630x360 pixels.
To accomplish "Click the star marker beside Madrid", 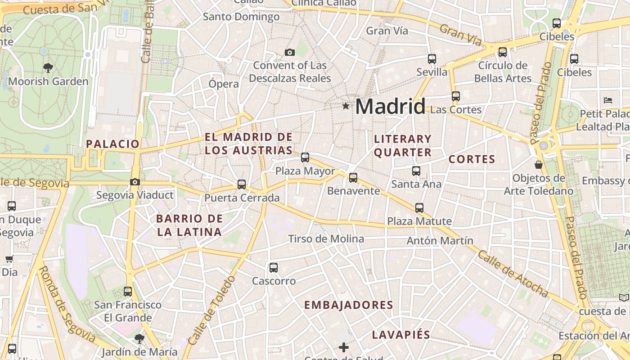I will [346, 106].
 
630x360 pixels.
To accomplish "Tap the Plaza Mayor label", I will [305, 171].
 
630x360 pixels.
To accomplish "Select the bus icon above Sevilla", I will [432, 58].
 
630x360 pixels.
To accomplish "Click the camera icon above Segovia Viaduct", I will [135, 182].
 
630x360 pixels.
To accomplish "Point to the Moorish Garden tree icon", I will [48, 68].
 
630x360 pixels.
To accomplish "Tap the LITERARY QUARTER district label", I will [403, 145].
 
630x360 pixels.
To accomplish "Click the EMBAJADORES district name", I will [349, 305].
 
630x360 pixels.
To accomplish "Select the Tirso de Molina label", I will [326, 238].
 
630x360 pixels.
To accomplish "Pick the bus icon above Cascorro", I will [274, 268].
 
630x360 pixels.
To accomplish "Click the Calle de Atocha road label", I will [513, 274].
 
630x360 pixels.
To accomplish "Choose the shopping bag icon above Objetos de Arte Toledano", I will [539, 165].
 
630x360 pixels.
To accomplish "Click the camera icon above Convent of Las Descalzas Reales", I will [290, 53].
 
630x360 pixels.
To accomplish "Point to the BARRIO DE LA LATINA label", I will [189, 225].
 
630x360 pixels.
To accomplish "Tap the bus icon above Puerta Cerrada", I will [242, 184].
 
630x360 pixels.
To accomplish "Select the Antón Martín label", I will [440, 241].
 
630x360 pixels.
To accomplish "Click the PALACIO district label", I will [113, 144].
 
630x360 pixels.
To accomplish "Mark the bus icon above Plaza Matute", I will [419, 208].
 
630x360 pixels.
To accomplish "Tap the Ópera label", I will [224, 84].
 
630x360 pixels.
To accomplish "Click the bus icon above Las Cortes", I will [456, 96].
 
